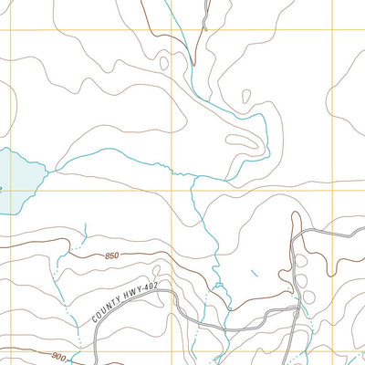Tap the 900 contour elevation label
59,356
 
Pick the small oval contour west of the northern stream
164,63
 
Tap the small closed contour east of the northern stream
245,95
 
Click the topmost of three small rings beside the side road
302,262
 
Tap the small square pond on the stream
218,288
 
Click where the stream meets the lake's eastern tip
46,168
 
